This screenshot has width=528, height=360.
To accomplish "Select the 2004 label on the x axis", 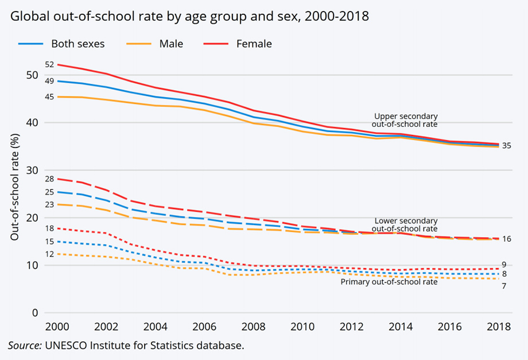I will click(157, 327).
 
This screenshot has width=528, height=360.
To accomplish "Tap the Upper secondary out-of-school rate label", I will click(405, 119).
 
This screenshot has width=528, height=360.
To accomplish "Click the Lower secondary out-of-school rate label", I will click(405, 224).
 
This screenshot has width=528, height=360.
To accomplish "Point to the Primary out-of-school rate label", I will click(389, 282).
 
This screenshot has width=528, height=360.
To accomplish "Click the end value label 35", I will click(506, 146).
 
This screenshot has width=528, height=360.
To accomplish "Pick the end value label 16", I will click(506, 239).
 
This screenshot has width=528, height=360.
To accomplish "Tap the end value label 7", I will click(504, 285).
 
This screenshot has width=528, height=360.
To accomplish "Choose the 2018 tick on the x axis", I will click(498, 327).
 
